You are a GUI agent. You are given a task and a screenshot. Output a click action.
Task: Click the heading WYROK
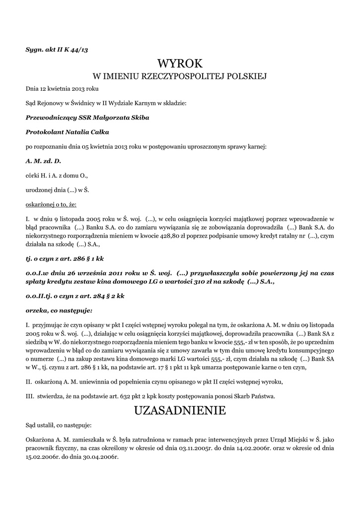pos(180,63)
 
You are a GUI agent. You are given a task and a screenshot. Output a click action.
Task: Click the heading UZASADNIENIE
pos(180,410)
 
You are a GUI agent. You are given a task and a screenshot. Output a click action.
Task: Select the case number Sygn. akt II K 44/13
pos(57,49)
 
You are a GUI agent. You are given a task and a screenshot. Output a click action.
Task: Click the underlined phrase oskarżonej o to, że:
pos(51,204)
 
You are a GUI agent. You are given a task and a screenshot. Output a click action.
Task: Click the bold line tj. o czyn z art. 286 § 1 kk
pos(65,258)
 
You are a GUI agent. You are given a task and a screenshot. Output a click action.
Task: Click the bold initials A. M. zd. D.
pos(43,161)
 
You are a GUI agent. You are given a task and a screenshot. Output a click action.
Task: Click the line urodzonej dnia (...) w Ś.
pos(57,190)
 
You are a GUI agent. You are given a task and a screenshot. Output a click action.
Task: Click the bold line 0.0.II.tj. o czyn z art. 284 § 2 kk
pos(75,296)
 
